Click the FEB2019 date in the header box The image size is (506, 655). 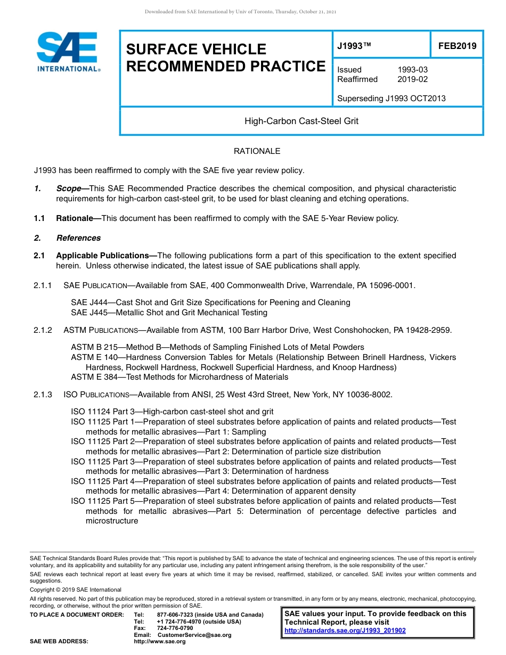[457, 46]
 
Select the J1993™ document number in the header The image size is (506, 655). [354, 46]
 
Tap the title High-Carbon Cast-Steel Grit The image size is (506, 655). [301, 121]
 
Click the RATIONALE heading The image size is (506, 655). [257, 151]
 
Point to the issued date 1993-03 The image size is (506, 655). [412, 70]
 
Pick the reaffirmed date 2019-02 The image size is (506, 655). [412, 79]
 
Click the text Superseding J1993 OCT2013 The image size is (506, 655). [391, 99]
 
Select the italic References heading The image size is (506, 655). [78, 238]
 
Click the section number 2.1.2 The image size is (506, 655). [43, 330]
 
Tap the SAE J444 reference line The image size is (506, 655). [210, 302]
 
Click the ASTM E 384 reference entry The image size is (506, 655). [179, 377]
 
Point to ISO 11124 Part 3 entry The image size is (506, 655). [172, 412]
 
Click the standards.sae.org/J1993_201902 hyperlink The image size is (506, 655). [345, 631]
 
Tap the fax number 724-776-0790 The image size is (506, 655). [175, 628]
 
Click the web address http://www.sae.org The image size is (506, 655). [160, 642]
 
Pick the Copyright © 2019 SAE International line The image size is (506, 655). [76, 589]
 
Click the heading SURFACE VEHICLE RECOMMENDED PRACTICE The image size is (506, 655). [225, 58]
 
